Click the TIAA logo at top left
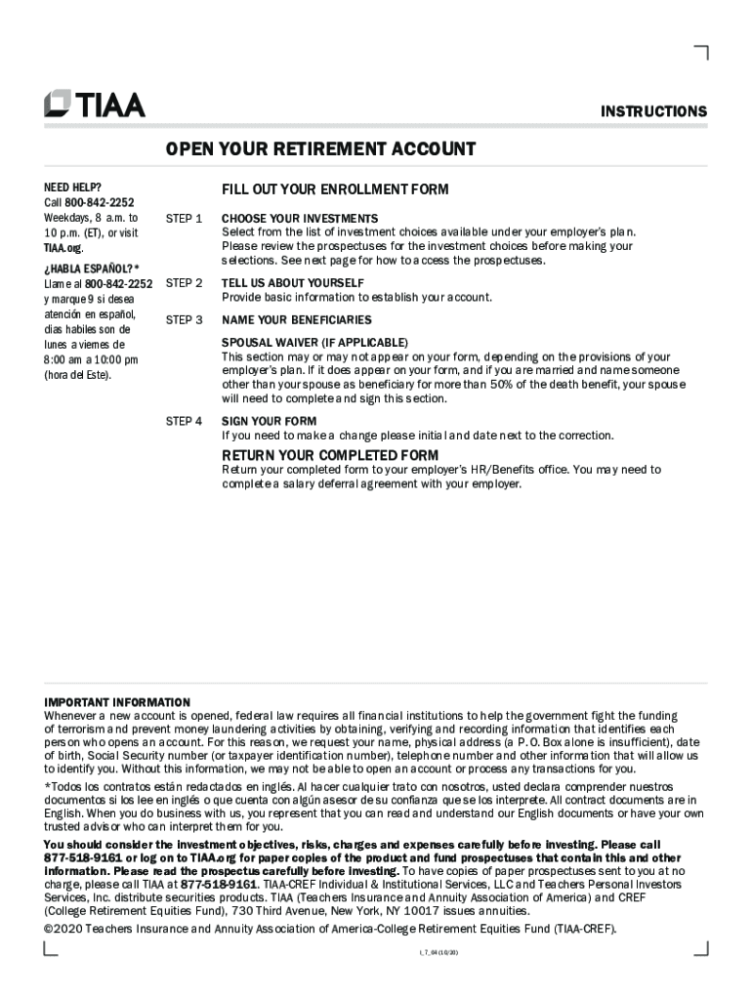click(95, 104)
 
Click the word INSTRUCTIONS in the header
click(653, 112)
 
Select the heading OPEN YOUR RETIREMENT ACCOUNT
click(320, 149)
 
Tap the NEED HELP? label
click(72, 187)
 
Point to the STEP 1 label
click(185, 218)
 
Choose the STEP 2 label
click(185, 283)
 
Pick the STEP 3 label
click(185, 319)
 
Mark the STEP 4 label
click(185, 421)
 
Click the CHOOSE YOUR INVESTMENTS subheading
click(300, 218)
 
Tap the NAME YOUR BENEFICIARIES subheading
click(297, 319)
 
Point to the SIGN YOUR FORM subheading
click(269, 421)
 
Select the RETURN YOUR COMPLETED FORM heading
click(330, 456)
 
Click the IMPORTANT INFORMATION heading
click(117, 702)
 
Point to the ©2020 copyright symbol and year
click(63, 929)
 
